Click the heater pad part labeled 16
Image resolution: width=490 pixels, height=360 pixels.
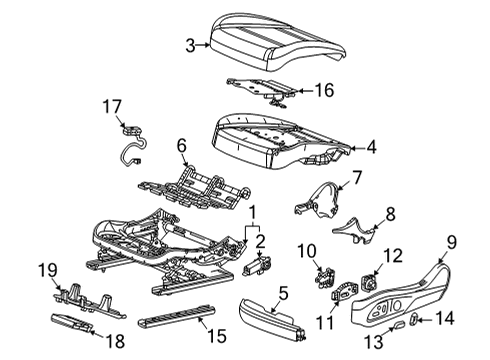261,90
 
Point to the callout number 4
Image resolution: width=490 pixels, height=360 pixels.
371,147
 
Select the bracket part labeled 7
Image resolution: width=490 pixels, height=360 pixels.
317,200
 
